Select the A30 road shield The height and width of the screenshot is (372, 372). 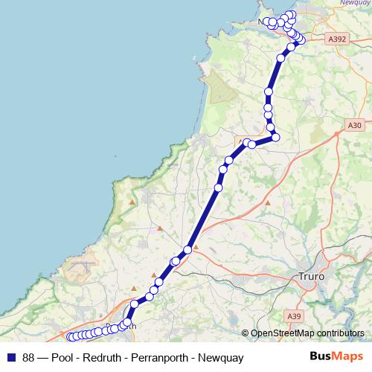[354, 126]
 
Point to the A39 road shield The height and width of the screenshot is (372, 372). [295, 316]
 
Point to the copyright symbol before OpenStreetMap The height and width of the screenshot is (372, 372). [246, 333]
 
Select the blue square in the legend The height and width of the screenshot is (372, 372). [12, 357]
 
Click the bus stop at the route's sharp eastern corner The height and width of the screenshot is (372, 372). [275, 137]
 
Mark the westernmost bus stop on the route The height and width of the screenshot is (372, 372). [71, 337]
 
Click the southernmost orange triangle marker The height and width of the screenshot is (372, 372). [154, 276]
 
